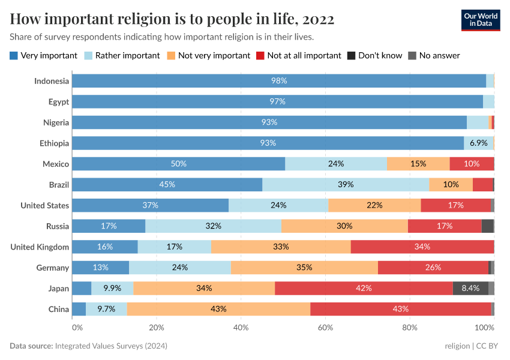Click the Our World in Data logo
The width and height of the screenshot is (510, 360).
click(x=480, y=19)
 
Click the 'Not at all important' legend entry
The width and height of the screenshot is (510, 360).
click(x=298, y=55)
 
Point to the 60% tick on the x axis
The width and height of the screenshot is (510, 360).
click(x=325, y=328)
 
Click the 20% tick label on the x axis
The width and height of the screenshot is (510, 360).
click(x=156, y=328)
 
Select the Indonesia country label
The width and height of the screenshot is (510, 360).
click(x=52, y=81)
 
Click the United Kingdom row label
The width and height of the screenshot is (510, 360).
click(x=40, y=247)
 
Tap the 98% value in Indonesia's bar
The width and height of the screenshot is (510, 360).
click(x=279, y=81)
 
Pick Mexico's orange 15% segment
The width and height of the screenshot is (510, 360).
click(x=418, y=164)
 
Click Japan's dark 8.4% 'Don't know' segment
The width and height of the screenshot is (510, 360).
click(x=470, y=288)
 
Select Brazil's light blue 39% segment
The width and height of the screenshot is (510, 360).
click(x=346, y=184)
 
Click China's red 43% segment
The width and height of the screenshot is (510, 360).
click(x=400, y=309)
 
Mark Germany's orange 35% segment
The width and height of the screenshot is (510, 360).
click(x=304, y=268)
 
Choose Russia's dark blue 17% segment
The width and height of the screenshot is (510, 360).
click(x=109, y=226)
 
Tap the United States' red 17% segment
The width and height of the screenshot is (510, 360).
click(x=455, y=205)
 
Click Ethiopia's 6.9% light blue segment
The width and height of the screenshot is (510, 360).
click(x=478, y=143)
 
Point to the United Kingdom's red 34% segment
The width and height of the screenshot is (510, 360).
click(x=422, y=247)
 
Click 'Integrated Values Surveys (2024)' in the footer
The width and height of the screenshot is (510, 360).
click(x=111, y=346)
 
